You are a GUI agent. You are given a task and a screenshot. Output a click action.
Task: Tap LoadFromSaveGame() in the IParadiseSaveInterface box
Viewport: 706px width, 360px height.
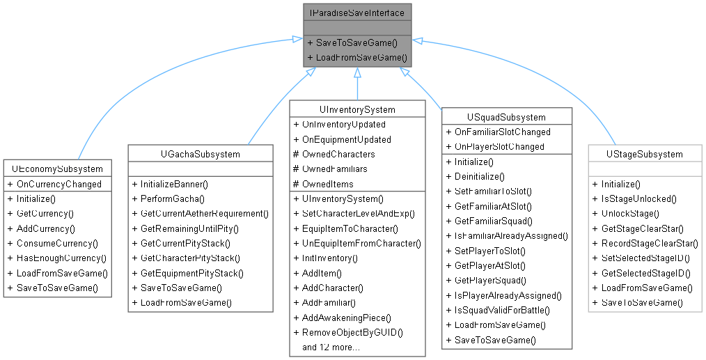tap(356, 57)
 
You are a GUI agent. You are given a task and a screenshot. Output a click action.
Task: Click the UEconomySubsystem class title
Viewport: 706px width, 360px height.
tap(56, 169)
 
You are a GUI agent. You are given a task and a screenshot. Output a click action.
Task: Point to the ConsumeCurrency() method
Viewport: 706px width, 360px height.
tap(52, 243)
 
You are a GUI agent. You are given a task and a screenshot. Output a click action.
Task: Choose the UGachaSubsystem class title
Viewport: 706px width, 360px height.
tap(200, 154)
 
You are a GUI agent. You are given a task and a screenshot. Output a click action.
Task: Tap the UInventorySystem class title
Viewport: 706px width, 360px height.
tap(357, 109)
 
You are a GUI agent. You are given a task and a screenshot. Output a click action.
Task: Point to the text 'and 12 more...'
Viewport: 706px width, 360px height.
tap(331, 347)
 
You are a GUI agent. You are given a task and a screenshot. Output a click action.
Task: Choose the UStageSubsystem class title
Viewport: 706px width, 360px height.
tap(644, 154)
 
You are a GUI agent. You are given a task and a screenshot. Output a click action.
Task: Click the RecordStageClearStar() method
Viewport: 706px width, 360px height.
tap(645, 243)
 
